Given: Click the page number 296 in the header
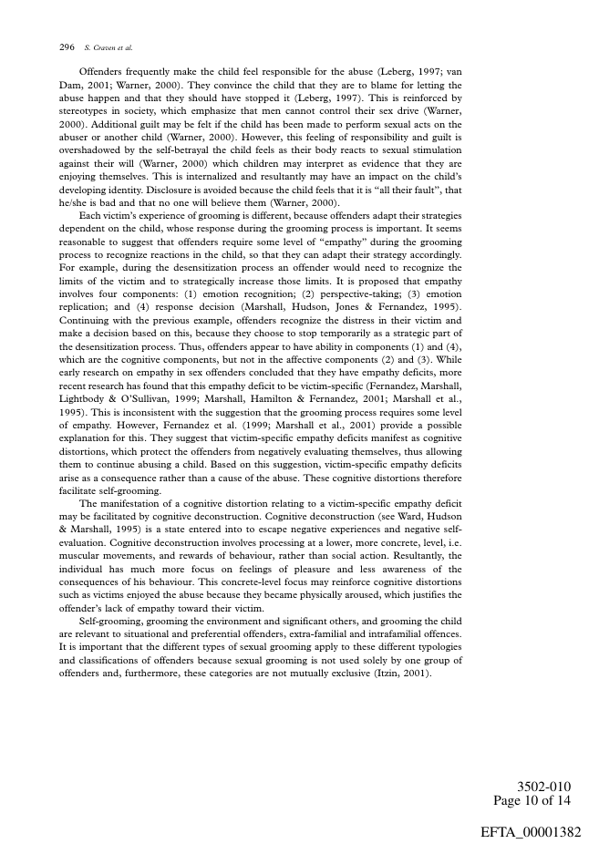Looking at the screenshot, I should click(x=66, y=46).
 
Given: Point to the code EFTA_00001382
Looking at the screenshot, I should click(x=530, y=832).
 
